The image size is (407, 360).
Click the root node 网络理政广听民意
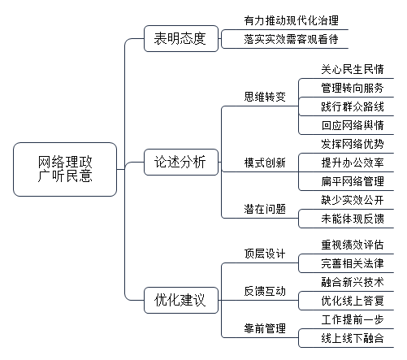click(65, 169)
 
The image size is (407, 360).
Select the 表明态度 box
click(181, 38)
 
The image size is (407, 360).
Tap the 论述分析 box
click(181, 162)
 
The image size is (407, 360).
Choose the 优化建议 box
click(181, 300)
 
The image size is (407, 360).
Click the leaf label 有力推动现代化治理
click(291, 20)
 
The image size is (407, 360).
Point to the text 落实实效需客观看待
click(291, 39)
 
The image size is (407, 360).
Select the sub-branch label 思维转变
click(265, 97)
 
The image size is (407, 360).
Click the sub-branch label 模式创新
click(265, 163)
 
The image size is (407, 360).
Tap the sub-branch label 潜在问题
click(265, 209)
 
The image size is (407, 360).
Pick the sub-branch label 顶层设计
click(265, 254)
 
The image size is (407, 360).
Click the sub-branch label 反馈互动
click(265, 291)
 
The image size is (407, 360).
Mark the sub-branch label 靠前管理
click(265, 328)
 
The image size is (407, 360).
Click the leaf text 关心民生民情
click(353, 69)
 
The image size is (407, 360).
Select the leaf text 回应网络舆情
click(353, 125)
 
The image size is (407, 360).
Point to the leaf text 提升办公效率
click(353, 163)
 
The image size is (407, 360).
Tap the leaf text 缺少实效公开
click(353, 200)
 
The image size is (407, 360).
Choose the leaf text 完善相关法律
click(353, 263)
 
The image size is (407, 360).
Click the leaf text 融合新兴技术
click(353, 282)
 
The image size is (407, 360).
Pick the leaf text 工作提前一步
click(353, 319)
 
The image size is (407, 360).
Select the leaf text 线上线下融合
click(353, 338)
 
